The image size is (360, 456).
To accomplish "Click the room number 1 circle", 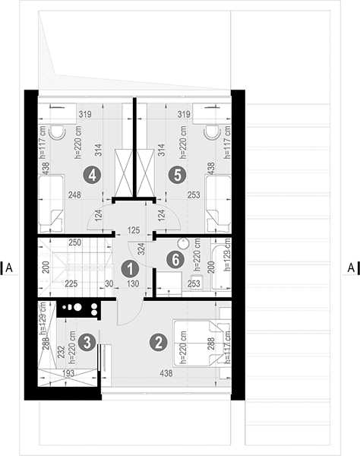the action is point(130,268).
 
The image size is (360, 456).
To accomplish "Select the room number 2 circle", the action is point(158,342).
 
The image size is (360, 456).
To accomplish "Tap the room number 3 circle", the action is point(87,342).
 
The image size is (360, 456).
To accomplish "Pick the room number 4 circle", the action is point(92,175).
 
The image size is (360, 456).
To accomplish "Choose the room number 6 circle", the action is point(175,259).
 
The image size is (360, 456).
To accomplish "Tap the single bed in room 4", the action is point(51,204).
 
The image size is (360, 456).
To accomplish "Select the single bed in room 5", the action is point(218,204).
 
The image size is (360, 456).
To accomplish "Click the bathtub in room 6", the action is point(221,264).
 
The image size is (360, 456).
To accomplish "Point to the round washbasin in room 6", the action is point(183,244).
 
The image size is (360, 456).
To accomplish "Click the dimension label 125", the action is point(134,230).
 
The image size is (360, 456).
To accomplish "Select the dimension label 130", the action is point(133,283).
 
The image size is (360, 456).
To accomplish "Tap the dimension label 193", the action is point(68,373).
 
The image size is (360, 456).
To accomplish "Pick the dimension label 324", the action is point(141,249).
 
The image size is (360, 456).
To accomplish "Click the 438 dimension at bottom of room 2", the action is point(166,373).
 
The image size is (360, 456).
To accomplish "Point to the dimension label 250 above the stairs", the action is point(74,242).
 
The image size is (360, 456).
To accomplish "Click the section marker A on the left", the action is point(9,268).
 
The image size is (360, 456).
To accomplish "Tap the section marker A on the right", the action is point(351,268).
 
